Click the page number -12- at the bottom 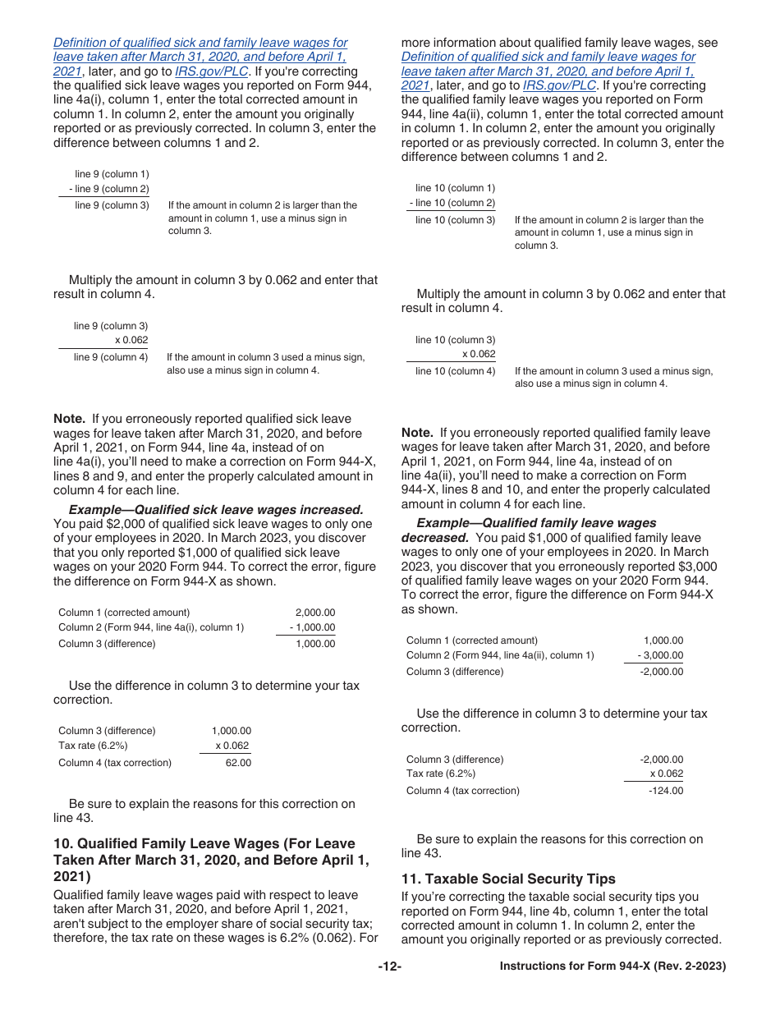click(x=389, y=966)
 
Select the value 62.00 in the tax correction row click(x=238, y=763)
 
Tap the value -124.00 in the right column click(x=665, y=791)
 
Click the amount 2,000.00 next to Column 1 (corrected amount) click(x=315, y=613)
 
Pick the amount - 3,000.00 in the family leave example click(x=660, y=655)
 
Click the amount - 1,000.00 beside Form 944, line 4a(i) click(x=312, y=627)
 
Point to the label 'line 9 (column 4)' click(x=111, y=357)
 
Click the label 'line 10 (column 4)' click(x=456, y=371)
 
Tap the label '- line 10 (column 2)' click(x=452, y=203)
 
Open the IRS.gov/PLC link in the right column click(x=559, y=85)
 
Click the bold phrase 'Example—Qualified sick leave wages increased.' click(x=216, y=510)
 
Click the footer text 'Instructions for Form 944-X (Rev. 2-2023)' click(x=613, y=966)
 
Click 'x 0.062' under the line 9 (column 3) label click(x=131, y=340)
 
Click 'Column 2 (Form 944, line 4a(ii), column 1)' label click(x=500, y=655)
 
